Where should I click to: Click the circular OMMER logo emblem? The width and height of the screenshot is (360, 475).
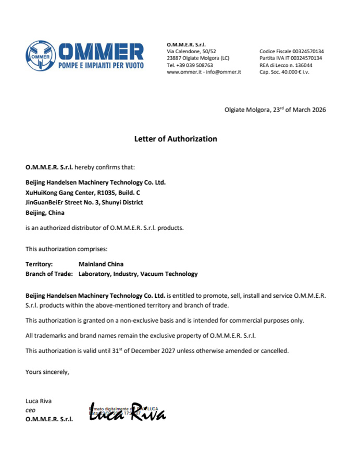coord(41,55)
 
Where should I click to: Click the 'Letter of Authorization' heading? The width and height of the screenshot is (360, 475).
coord(176,139)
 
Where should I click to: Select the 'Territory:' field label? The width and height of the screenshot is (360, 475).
coord(39,264)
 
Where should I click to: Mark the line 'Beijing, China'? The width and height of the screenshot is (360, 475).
coord(47,212)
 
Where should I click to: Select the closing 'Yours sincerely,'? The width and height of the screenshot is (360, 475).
coord(47,372)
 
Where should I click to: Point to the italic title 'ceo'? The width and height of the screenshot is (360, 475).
coord(31,410)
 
